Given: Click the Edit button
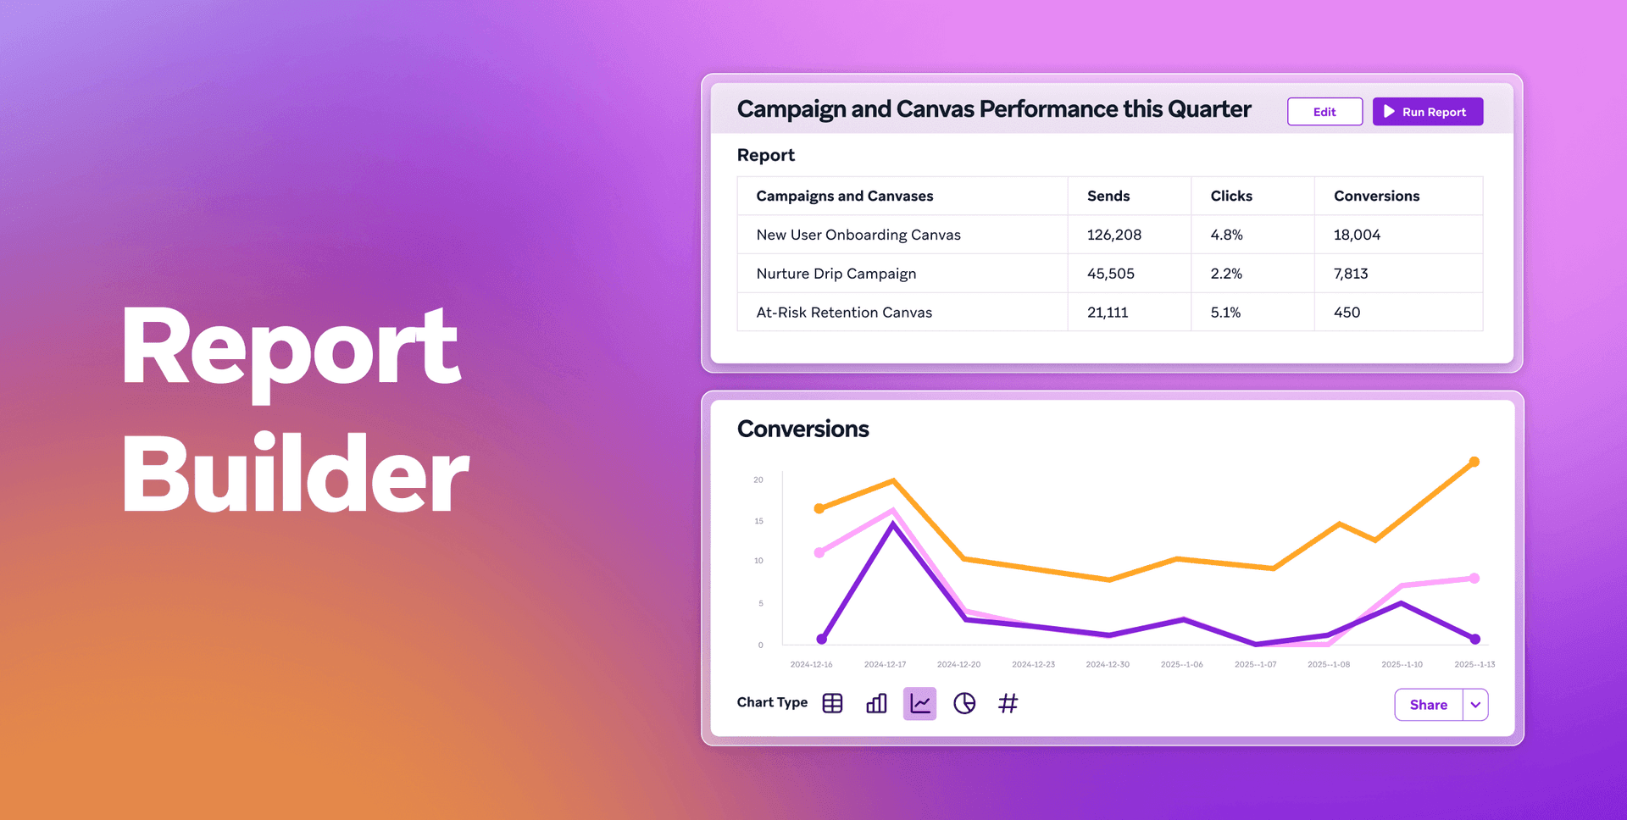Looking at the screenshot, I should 1324,112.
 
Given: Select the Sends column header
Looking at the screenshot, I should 1108,196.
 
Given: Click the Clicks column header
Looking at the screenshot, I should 1231,196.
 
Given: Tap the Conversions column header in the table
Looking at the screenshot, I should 1376,196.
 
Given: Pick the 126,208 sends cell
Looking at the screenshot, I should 1114,235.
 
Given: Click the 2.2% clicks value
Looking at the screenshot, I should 1226,274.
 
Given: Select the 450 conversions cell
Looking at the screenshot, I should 1347,313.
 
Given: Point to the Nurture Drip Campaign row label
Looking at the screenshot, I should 836,274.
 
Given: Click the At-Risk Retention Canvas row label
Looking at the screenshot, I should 844,313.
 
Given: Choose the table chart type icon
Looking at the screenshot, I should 832,703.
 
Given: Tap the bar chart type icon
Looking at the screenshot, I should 876,703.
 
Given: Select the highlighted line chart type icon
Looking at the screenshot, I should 919,703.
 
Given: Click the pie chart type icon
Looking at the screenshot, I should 964,703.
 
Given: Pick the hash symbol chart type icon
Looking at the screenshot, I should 1008,703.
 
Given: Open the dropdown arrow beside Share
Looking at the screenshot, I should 1475,705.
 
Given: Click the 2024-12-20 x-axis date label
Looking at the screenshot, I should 958,665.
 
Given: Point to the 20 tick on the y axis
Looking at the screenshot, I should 758,480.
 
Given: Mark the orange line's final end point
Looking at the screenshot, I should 1474,462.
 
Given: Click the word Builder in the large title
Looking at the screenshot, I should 294,474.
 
